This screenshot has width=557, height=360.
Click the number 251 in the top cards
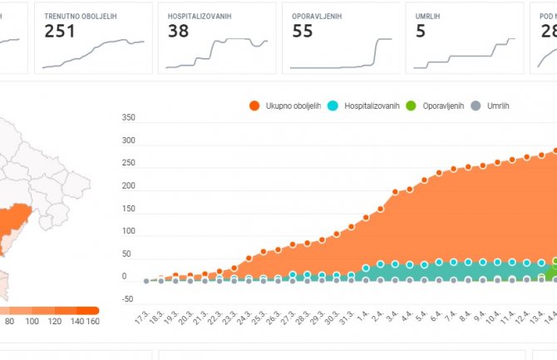[60, 31]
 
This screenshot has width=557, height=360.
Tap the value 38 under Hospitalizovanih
[178, 31]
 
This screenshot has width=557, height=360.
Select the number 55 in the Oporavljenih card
[303, 31]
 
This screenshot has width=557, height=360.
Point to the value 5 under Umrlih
[421, 31]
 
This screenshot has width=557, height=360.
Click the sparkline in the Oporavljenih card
[341, 55]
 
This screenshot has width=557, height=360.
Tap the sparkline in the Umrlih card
[465, 55]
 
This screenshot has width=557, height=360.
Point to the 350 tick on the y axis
[127, 118]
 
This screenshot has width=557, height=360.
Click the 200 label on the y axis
[127, 186]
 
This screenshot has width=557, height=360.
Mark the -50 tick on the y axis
[126, 298]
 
